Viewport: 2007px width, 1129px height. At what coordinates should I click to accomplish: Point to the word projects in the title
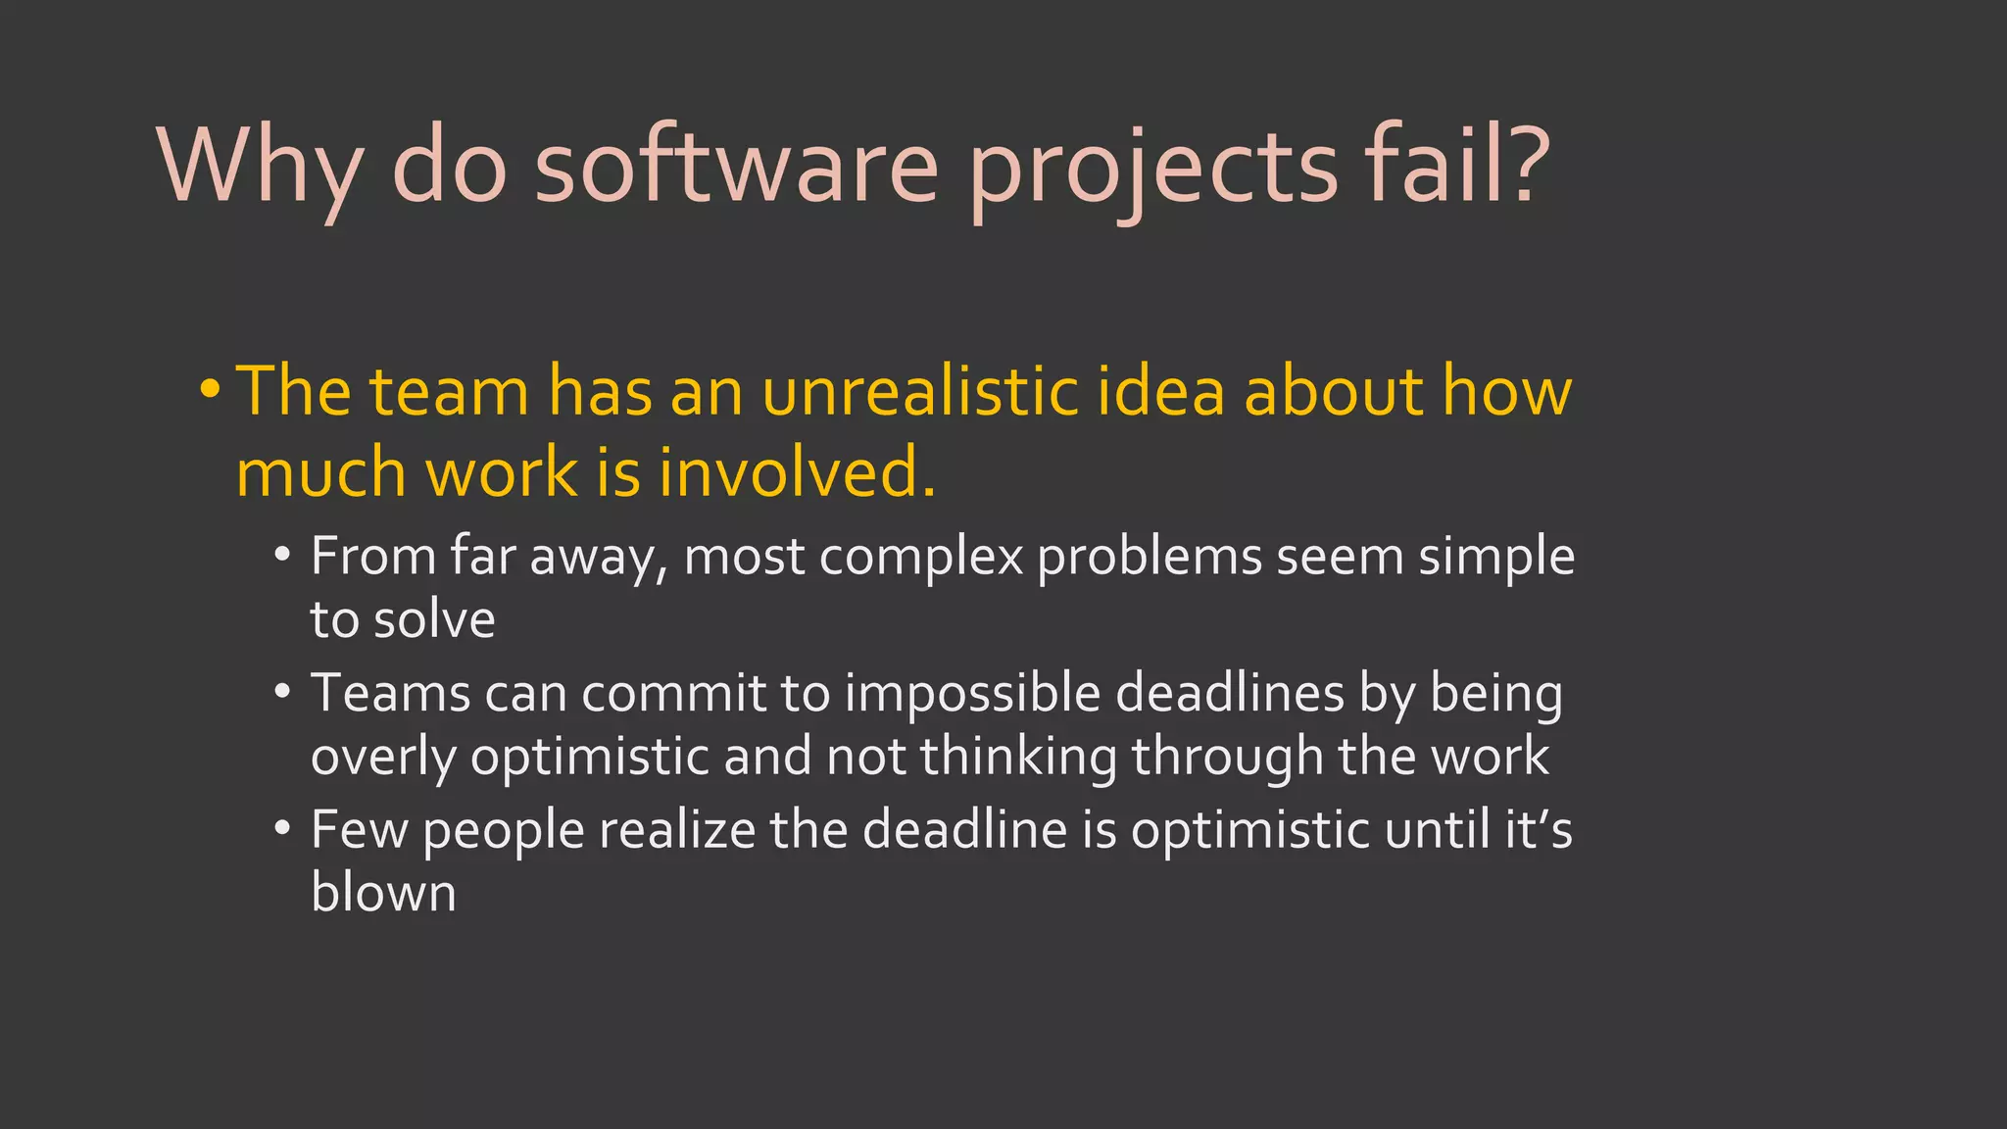[x=1152, y=169]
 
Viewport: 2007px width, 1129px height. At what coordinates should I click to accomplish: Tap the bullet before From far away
[x=282, y=555]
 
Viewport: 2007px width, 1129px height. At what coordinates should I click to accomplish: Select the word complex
[x=921, y=557]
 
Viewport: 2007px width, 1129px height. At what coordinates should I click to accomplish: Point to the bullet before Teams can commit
[x=282, y=692]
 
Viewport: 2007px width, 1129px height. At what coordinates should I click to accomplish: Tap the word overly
[x=383, y=757]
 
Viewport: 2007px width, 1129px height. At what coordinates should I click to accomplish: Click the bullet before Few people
[x=282, y=829]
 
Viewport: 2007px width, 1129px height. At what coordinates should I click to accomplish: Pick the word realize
[x=677, y=830]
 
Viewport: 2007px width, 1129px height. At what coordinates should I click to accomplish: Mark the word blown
[x=383, y=893]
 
